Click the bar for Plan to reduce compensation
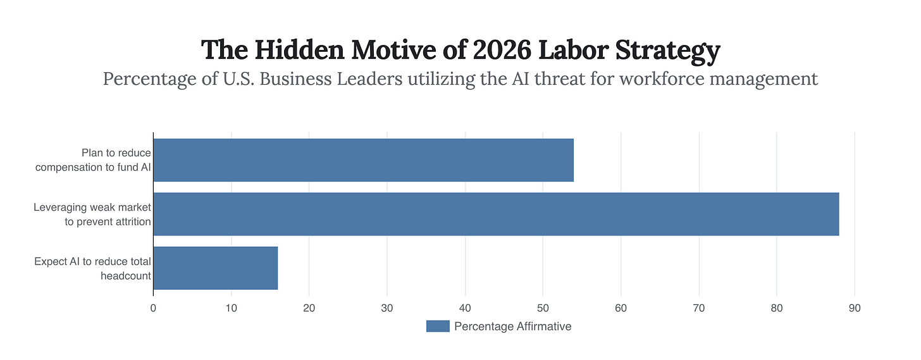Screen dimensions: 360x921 pos(363,160)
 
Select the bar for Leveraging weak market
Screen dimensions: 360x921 pos(496,214)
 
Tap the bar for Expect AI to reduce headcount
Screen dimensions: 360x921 pos(215,268)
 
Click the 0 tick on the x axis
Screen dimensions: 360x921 pos(153,308)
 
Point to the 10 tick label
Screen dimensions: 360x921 pos(231,308)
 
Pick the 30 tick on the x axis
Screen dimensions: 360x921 pos(387,308)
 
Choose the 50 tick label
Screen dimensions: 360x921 pos(543,308)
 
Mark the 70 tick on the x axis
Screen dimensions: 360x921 pos(699,308)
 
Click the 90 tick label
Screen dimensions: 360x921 pos(855,308)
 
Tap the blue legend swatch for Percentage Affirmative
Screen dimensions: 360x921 pos(438,326)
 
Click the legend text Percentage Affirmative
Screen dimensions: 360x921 pos(512,326)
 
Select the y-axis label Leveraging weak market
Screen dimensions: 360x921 pos(92,215)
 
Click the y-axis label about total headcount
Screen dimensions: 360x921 pos(92,268)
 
